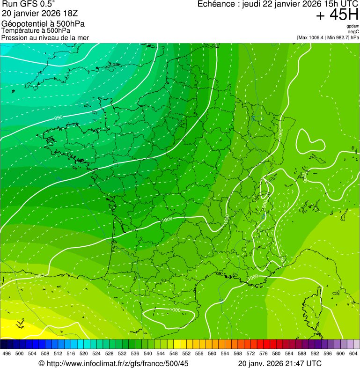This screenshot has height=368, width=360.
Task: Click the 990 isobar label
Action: click(58, 118)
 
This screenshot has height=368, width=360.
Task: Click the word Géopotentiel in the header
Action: click(24, 24)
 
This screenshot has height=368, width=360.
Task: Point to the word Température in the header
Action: click(20, 30)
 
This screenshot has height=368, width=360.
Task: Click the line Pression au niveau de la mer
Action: click(45, 37)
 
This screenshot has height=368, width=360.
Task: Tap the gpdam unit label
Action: click(353, 26)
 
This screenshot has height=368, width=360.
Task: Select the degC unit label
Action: click(353, 31)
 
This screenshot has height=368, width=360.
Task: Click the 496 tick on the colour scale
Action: click(7, 353)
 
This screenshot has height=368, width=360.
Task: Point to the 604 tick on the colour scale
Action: click(353, 353)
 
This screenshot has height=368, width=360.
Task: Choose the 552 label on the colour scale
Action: click(186, 353)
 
